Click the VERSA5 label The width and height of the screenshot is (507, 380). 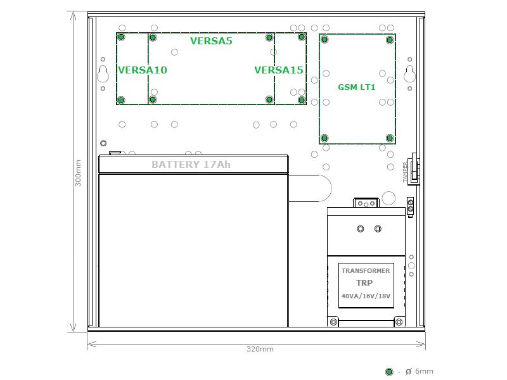[x=211, y=41]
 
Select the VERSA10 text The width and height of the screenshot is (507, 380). [x=143, y=70]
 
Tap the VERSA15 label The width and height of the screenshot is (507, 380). [x=279, y=70]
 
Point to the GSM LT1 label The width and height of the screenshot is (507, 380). [x=357, y=87]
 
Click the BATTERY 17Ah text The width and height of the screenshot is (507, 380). [x=191, y=165]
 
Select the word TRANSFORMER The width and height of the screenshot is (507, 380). [x=366, y=271]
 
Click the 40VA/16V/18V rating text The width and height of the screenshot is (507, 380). [x=366, y=296]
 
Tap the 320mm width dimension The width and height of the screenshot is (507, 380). [x=260, y=349]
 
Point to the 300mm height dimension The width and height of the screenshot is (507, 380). [x=78, y=173]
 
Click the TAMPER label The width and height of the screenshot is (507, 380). [x=405, y=172]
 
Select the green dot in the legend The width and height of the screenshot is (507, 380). [x=389, y=372]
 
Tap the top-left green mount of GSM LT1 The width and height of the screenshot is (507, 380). [x=324, y=39]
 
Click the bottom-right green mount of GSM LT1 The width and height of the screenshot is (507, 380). [x=390, y=138]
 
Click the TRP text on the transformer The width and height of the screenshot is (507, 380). [x=364, y=283]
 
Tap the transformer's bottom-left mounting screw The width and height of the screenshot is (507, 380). [x=333, y=322]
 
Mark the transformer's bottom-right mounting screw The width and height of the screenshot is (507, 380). [x=399, y=322]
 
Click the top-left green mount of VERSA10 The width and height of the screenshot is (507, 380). [x=121, y=37]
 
